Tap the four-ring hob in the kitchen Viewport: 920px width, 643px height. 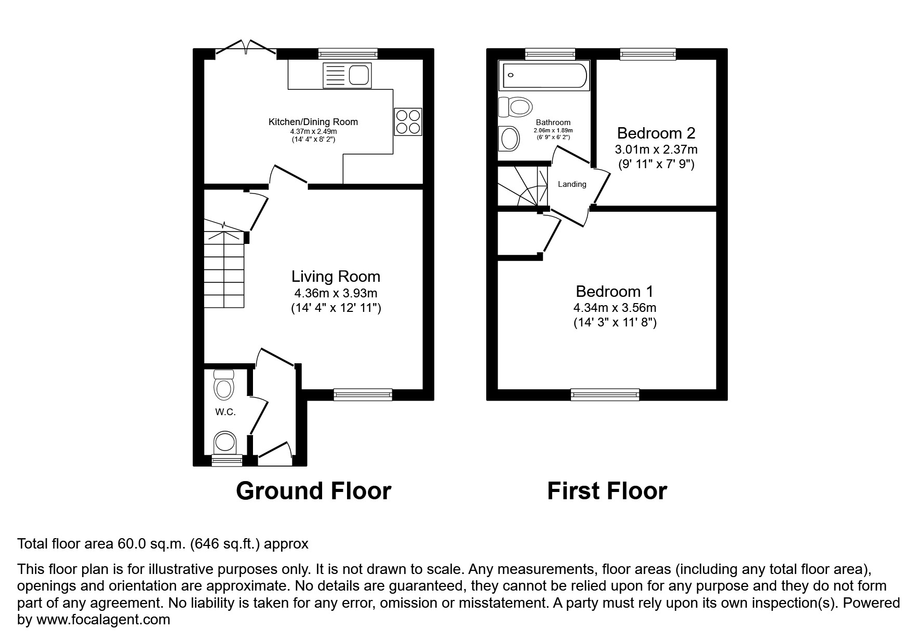(x=408, y=121)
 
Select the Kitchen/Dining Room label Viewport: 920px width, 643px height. (x=313, y=122)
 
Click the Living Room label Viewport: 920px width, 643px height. (x=336, y=276)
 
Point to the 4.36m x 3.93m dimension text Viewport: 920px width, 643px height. (x=336, y=293)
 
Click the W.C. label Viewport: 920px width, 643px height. (x=225, y=412)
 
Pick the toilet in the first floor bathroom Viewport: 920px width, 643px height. (x=515, y=107)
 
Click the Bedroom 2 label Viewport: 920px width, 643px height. (x=656, y=133)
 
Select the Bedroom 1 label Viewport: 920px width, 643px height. (x=615, y=291)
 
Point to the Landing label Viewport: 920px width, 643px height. (x=572, y=184)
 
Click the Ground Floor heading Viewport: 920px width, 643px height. (x=313, y=491)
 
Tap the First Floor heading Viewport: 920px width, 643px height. (x=607, y=491)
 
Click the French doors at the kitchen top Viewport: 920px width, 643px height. (x=246, y=48)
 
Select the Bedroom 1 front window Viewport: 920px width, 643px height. (x=605, y=394)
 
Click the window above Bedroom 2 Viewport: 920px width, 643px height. (x=648, y=54)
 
